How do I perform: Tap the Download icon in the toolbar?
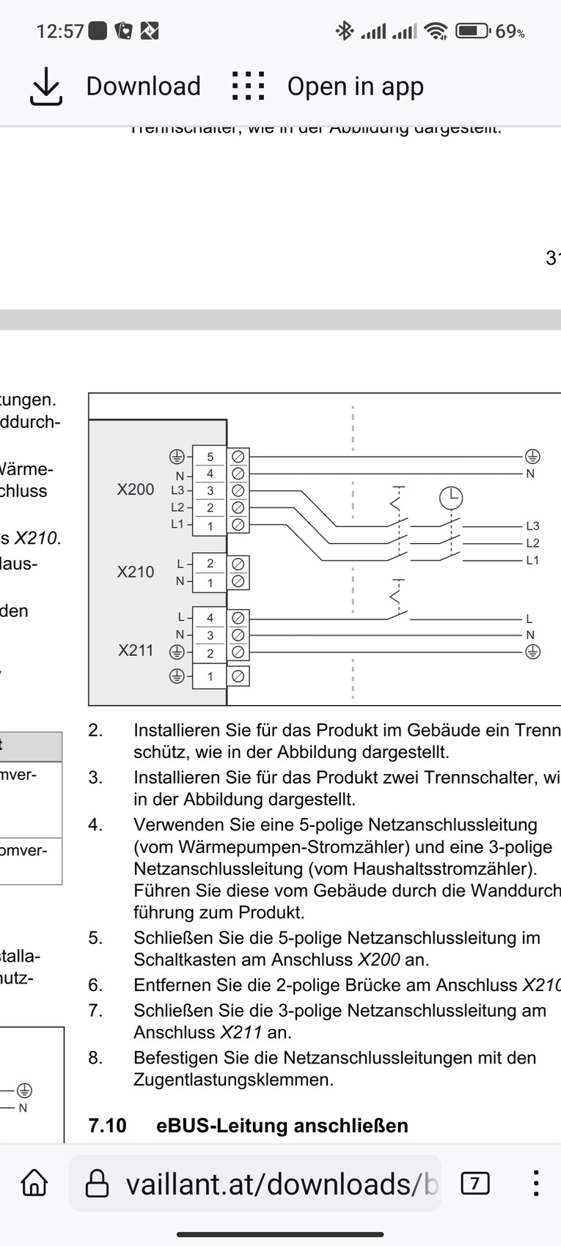coord(46,86)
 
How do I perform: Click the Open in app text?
coord(355,86)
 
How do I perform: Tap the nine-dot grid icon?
coord(248,86)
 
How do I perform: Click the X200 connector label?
coord(136,489)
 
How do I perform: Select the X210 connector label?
coord(136,572)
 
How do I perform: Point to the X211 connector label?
coord(136,650)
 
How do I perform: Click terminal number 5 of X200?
coord(210,457)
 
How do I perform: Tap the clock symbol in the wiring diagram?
coord(451,498)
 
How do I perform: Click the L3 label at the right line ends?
coord(532,526)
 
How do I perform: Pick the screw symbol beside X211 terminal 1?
coord(238,677)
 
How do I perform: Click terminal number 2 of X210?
coord(210,564)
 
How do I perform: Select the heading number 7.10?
coord(107,1125)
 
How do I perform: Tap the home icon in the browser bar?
coord(34,1183)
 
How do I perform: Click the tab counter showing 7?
coord(474,1183)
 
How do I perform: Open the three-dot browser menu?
coord(536,1183)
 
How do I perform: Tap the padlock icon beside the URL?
coord(98,1183)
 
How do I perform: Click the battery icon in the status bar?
coord(472,31)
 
